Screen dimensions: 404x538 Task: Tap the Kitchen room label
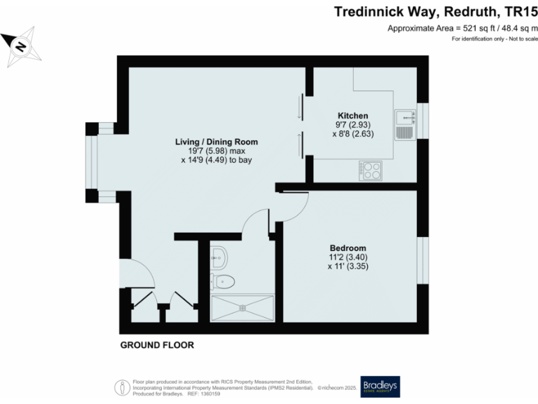point(352,116)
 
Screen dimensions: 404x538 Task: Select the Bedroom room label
point(348,248)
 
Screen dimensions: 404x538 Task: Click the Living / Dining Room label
point(216,142)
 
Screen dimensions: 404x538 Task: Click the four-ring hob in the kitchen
point(370,170)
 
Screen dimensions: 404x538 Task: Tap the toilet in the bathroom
point(223,281)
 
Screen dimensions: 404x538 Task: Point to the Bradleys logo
point(380,387)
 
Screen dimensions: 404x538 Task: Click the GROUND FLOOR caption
point(157,345)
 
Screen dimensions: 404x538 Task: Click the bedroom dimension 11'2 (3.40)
point(348,257)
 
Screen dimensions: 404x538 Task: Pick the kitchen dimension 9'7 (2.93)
point(352,125)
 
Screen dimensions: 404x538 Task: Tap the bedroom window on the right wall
point(422,260)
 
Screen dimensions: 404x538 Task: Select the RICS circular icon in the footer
point(120,386)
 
